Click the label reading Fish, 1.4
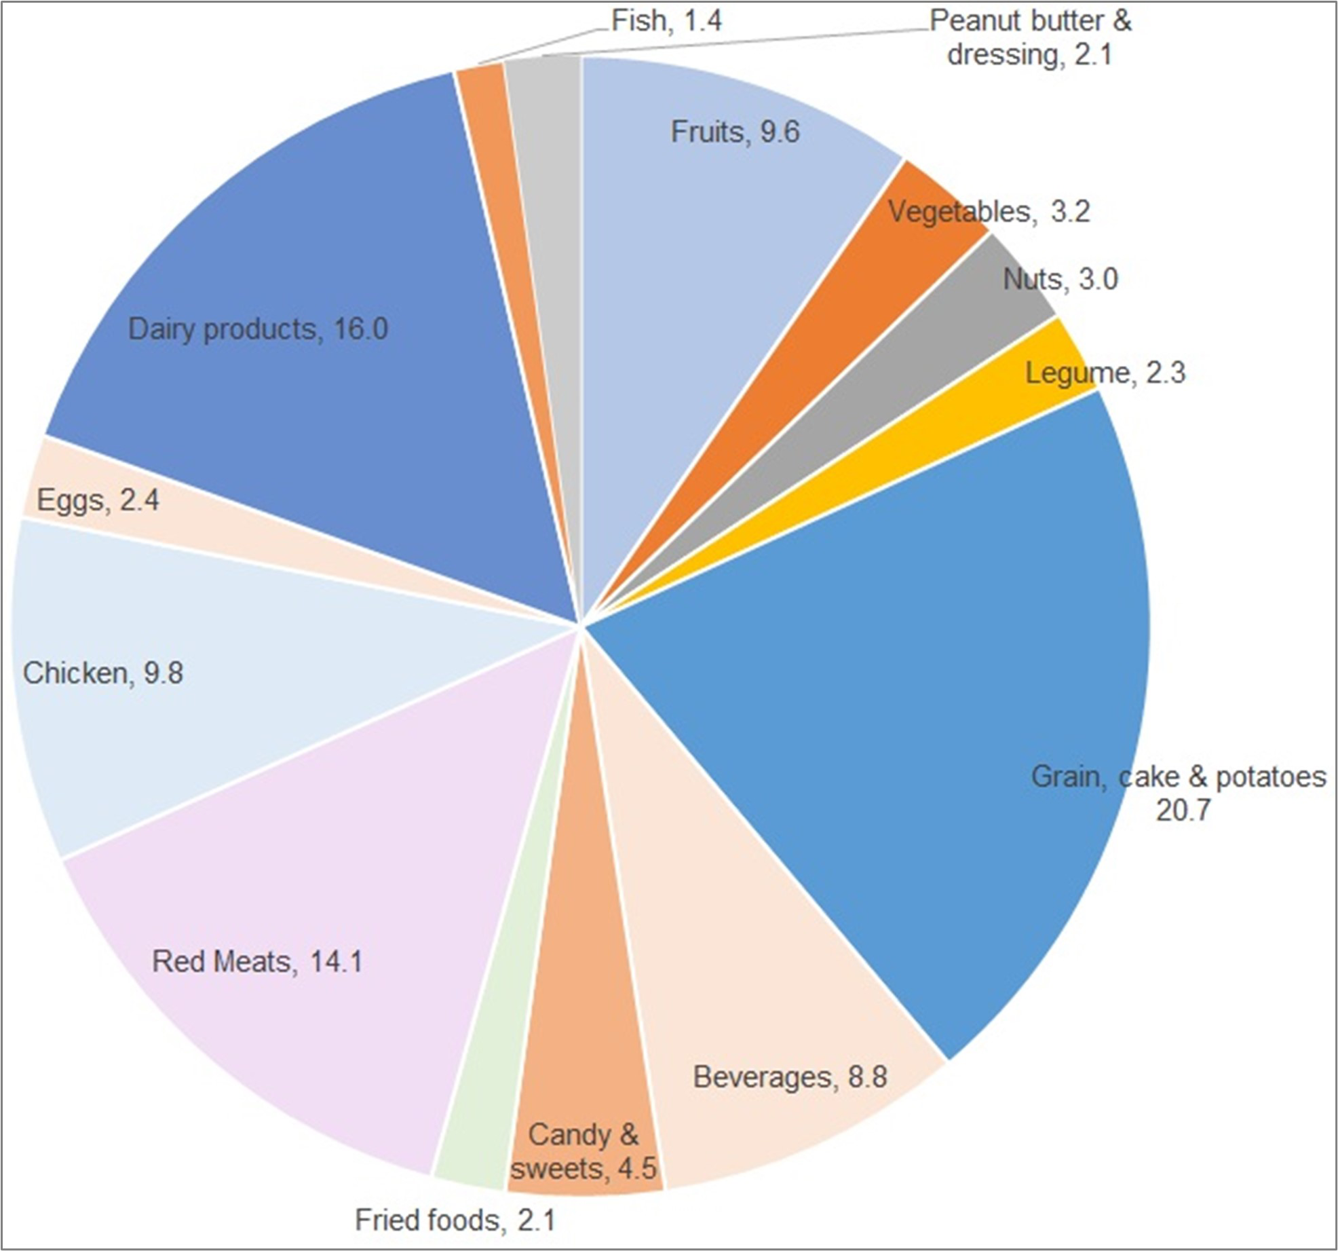666,21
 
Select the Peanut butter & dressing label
1030,38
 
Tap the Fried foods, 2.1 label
455,1220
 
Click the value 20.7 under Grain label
1183,810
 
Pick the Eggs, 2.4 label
98,500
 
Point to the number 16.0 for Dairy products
361,329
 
